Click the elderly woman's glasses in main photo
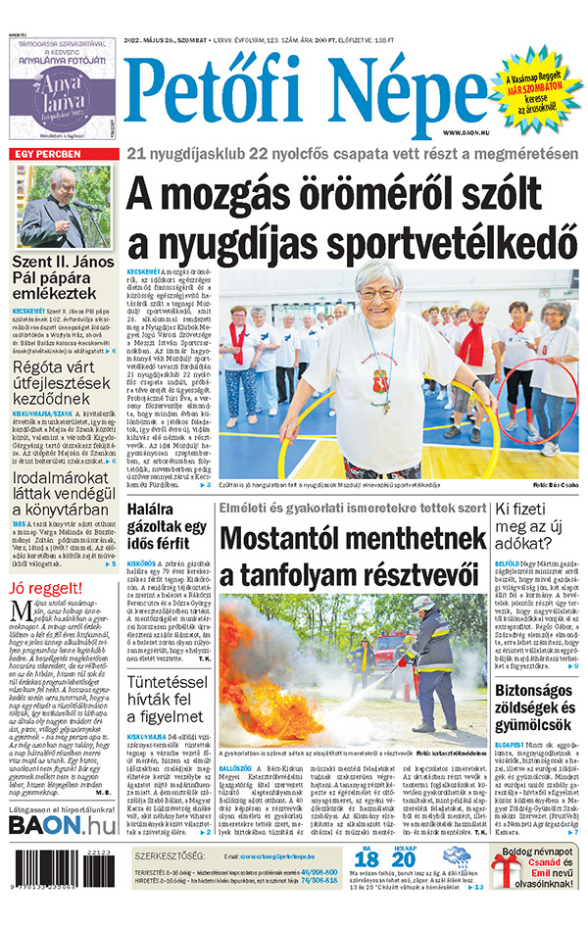click(376, 292)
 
